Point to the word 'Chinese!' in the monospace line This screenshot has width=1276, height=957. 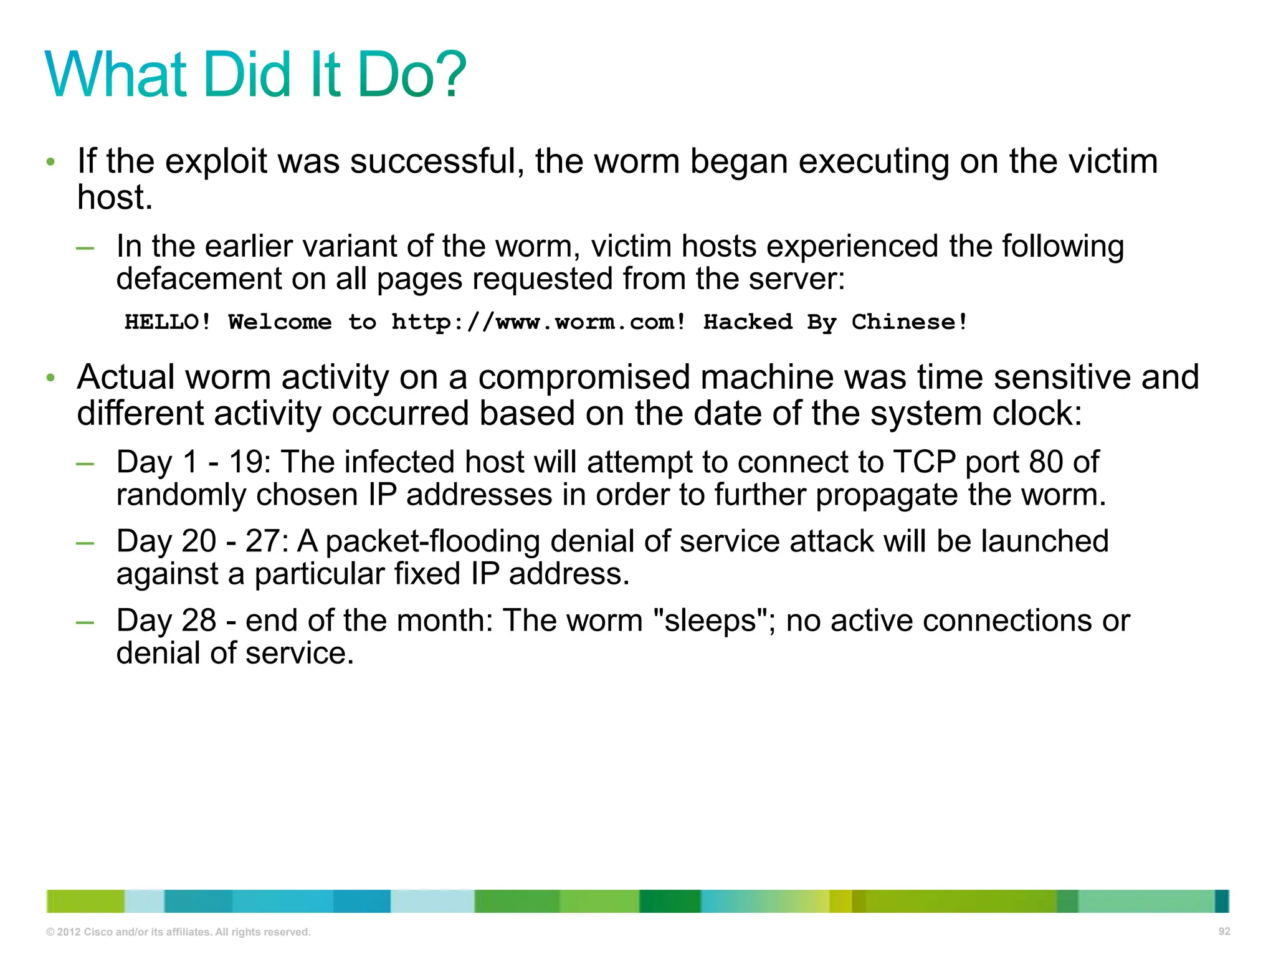910,322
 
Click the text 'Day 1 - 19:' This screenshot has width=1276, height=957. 193,462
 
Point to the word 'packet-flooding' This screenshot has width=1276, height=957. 432,541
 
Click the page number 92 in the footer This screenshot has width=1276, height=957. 1224,931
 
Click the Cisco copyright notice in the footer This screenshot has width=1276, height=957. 178,932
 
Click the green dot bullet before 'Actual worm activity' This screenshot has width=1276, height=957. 51,378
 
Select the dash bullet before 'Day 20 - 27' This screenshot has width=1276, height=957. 85,543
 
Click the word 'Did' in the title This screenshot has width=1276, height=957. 247,75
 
